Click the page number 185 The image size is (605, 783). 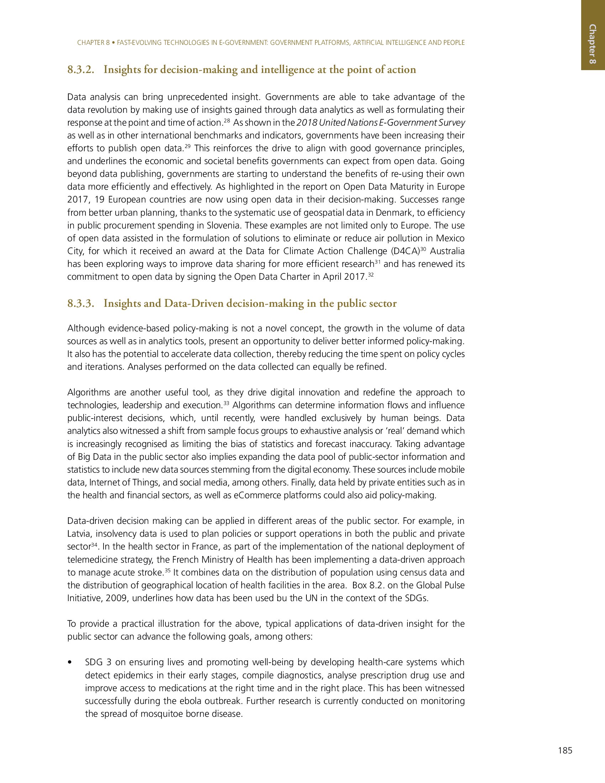pyautogui.click(x=565, y=750)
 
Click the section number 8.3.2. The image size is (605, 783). pyautogui.click(x=81, y=69)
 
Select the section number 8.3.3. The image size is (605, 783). pyautogui.click(x=81, y=304)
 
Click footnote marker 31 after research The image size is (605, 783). pyautogui.click(x=377, y=261)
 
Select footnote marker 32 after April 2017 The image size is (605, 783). pyautogui.click(x=371, y=274)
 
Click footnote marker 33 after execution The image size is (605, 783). pyautogui.click(x=226, y=403)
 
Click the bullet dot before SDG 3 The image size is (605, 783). pyautogui.click(x=69, y=663)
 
